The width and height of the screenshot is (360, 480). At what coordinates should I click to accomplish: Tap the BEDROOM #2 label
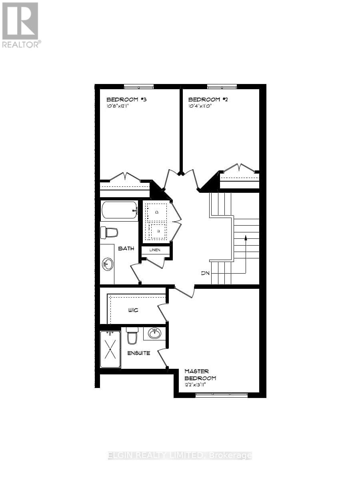pyautogui.click(x=204, y=100)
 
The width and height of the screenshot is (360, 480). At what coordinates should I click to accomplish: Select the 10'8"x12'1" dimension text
pyautogui.click(x=120, y=107)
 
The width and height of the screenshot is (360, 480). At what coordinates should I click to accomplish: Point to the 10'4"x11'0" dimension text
pyautogui.click(x=200, y=107)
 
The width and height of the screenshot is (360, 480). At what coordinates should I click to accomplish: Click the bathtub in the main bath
pyautogui.click(x=120, y=210)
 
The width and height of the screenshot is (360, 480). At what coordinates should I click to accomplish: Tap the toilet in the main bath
pyautogui.click(x=109, y=232)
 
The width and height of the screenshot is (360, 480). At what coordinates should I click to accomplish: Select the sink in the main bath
pyautogui.click(x=107, y=264)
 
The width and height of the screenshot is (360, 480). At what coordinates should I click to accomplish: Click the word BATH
pyautogui.click(x=126, y=248)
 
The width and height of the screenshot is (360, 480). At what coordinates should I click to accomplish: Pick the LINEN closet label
pyautogui.click(x=155, y=250)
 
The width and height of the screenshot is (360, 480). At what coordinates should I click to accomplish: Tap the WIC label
pyautogui.click(x=133, y=310)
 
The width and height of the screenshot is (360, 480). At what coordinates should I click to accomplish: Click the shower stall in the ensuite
pyautogui.click(x=110, y=349)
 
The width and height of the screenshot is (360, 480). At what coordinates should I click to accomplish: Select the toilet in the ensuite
pyautogui.click(x=132, y=337)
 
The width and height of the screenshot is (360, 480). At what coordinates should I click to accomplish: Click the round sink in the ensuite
pyautogui.click(x=154, y=333)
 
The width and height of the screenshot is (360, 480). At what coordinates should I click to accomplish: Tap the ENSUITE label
pyautogui.click(x=139, y=353)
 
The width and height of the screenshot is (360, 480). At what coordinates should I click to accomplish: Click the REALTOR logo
pyautogui.click(x=20, y=25)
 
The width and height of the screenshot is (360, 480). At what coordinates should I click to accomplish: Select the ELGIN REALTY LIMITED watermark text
pyautogui.click(x=180, y=456)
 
